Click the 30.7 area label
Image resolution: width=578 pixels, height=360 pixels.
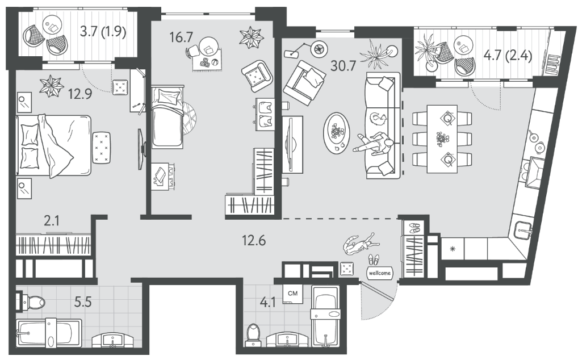click(x=342, y=65)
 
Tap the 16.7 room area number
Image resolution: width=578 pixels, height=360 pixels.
click(x=182, y=37)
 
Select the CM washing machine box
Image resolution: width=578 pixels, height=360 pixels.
click(x=293, y=294)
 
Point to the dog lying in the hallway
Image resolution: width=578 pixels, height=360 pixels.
click(x=359, y=244)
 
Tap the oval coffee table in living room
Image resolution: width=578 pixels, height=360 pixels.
click(x=337, y=132)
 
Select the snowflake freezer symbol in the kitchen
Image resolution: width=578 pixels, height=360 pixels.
click(x=453, y=249)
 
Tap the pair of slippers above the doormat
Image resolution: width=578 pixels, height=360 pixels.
click(x=373, y=259)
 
